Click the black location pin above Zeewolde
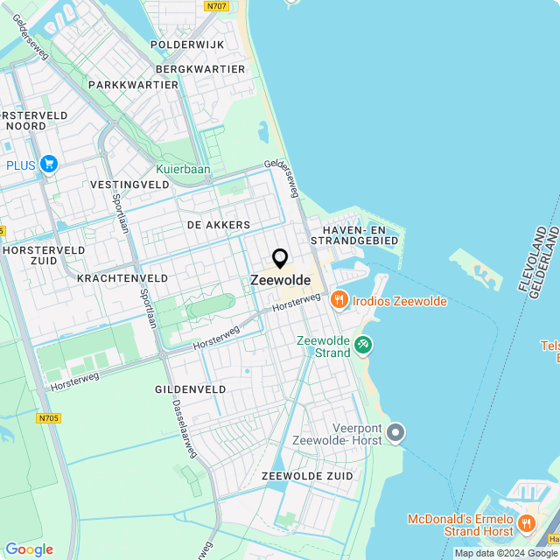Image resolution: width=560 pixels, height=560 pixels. point(280,258)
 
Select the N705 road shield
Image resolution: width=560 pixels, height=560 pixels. point(49,418)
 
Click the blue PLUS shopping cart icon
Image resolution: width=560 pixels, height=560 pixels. point(48,164)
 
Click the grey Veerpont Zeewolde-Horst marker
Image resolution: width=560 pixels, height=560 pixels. point(396,432)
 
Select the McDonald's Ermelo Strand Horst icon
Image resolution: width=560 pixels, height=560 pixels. point(526,523)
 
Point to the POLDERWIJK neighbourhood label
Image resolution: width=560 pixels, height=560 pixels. point(187,44)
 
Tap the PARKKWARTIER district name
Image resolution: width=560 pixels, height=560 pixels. point(133,85)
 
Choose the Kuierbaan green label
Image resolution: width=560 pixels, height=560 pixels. point(184,169)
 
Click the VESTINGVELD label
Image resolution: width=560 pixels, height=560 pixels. point(129,185)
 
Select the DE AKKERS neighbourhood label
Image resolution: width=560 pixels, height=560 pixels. point(219,225)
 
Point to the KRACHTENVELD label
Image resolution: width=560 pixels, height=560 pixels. point(122,277)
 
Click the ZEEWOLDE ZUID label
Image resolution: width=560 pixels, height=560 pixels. point(307,475)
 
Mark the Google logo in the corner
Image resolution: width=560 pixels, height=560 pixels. point(29,549)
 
